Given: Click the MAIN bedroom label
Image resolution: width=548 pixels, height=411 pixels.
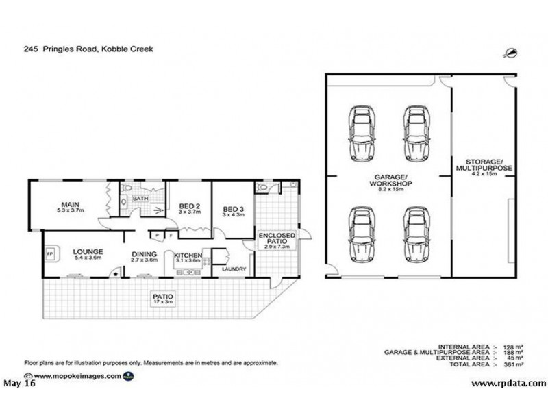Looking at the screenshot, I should click(x=68, y=203).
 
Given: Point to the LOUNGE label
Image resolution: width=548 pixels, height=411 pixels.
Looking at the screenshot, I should click(x=87, y=252).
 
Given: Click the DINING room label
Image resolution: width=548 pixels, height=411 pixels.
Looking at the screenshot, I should click(x=145, y=253).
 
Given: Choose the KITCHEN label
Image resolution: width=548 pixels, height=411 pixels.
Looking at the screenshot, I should click(x=187, y=253).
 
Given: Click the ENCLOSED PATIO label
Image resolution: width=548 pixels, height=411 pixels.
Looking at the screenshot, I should click(x=276, y=239).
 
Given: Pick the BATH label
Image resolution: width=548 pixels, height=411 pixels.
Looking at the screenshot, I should click(x=140, y=199).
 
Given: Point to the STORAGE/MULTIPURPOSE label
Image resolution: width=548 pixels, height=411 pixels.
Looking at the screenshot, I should click(x=484, y=164).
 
